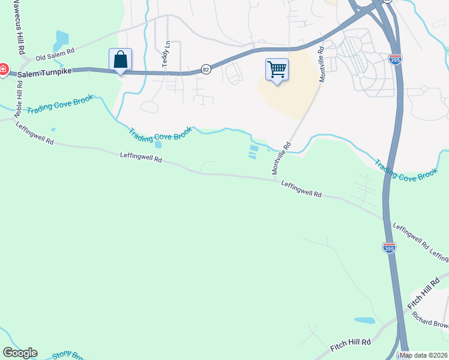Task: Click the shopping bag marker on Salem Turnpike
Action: [120, 61]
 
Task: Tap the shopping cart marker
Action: [277, 70]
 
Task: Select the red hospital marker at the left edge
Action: [2, 70]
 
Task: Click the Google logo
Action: [20, 353]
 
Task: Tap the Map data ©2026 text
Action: [423, 355]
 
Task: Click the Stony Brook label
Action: [70, 355]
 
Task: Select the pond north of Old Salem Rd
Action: [61, 41]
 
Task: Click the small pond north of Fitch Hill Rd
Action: [365, 320]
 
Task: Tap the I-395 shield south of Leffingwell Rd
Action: [389, 247]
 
